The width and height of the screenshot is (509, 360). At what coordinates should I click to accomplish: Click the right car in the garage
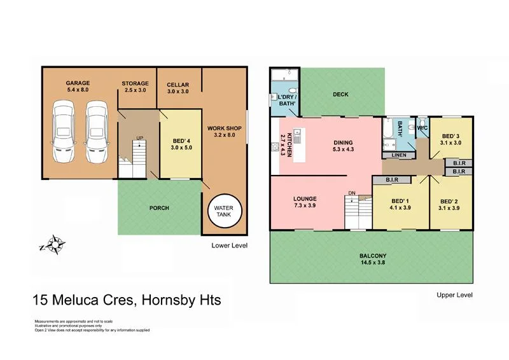[95, 133]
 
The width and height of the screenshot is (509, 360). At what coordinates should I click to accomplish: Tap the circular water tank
[223, 211]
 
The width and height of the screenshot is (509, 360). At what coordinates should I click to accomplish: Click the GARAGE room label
[78, 83]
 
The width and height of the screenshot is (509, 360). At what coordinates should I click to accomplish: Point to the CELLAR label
[178, 85]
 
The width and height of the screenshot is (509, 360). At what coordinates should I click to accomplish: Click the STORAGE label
[135, 83]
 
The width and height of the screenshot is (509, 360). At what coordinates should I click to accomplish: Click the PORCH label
[159, 208]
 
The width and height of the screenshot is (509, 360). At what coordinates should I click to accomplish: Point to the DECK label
[340, 95]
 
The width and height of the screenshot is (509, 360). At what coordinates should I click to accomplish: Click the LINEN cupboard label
[400, 155]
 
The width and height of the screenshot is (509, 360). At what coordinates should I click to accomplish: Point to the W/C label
[422, 128]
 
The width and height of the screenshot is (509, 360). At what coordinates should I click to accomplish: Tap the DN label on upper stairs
[352, 193]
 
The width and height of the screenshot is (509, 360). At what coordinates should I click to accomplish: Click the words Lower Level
[229, 245]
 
